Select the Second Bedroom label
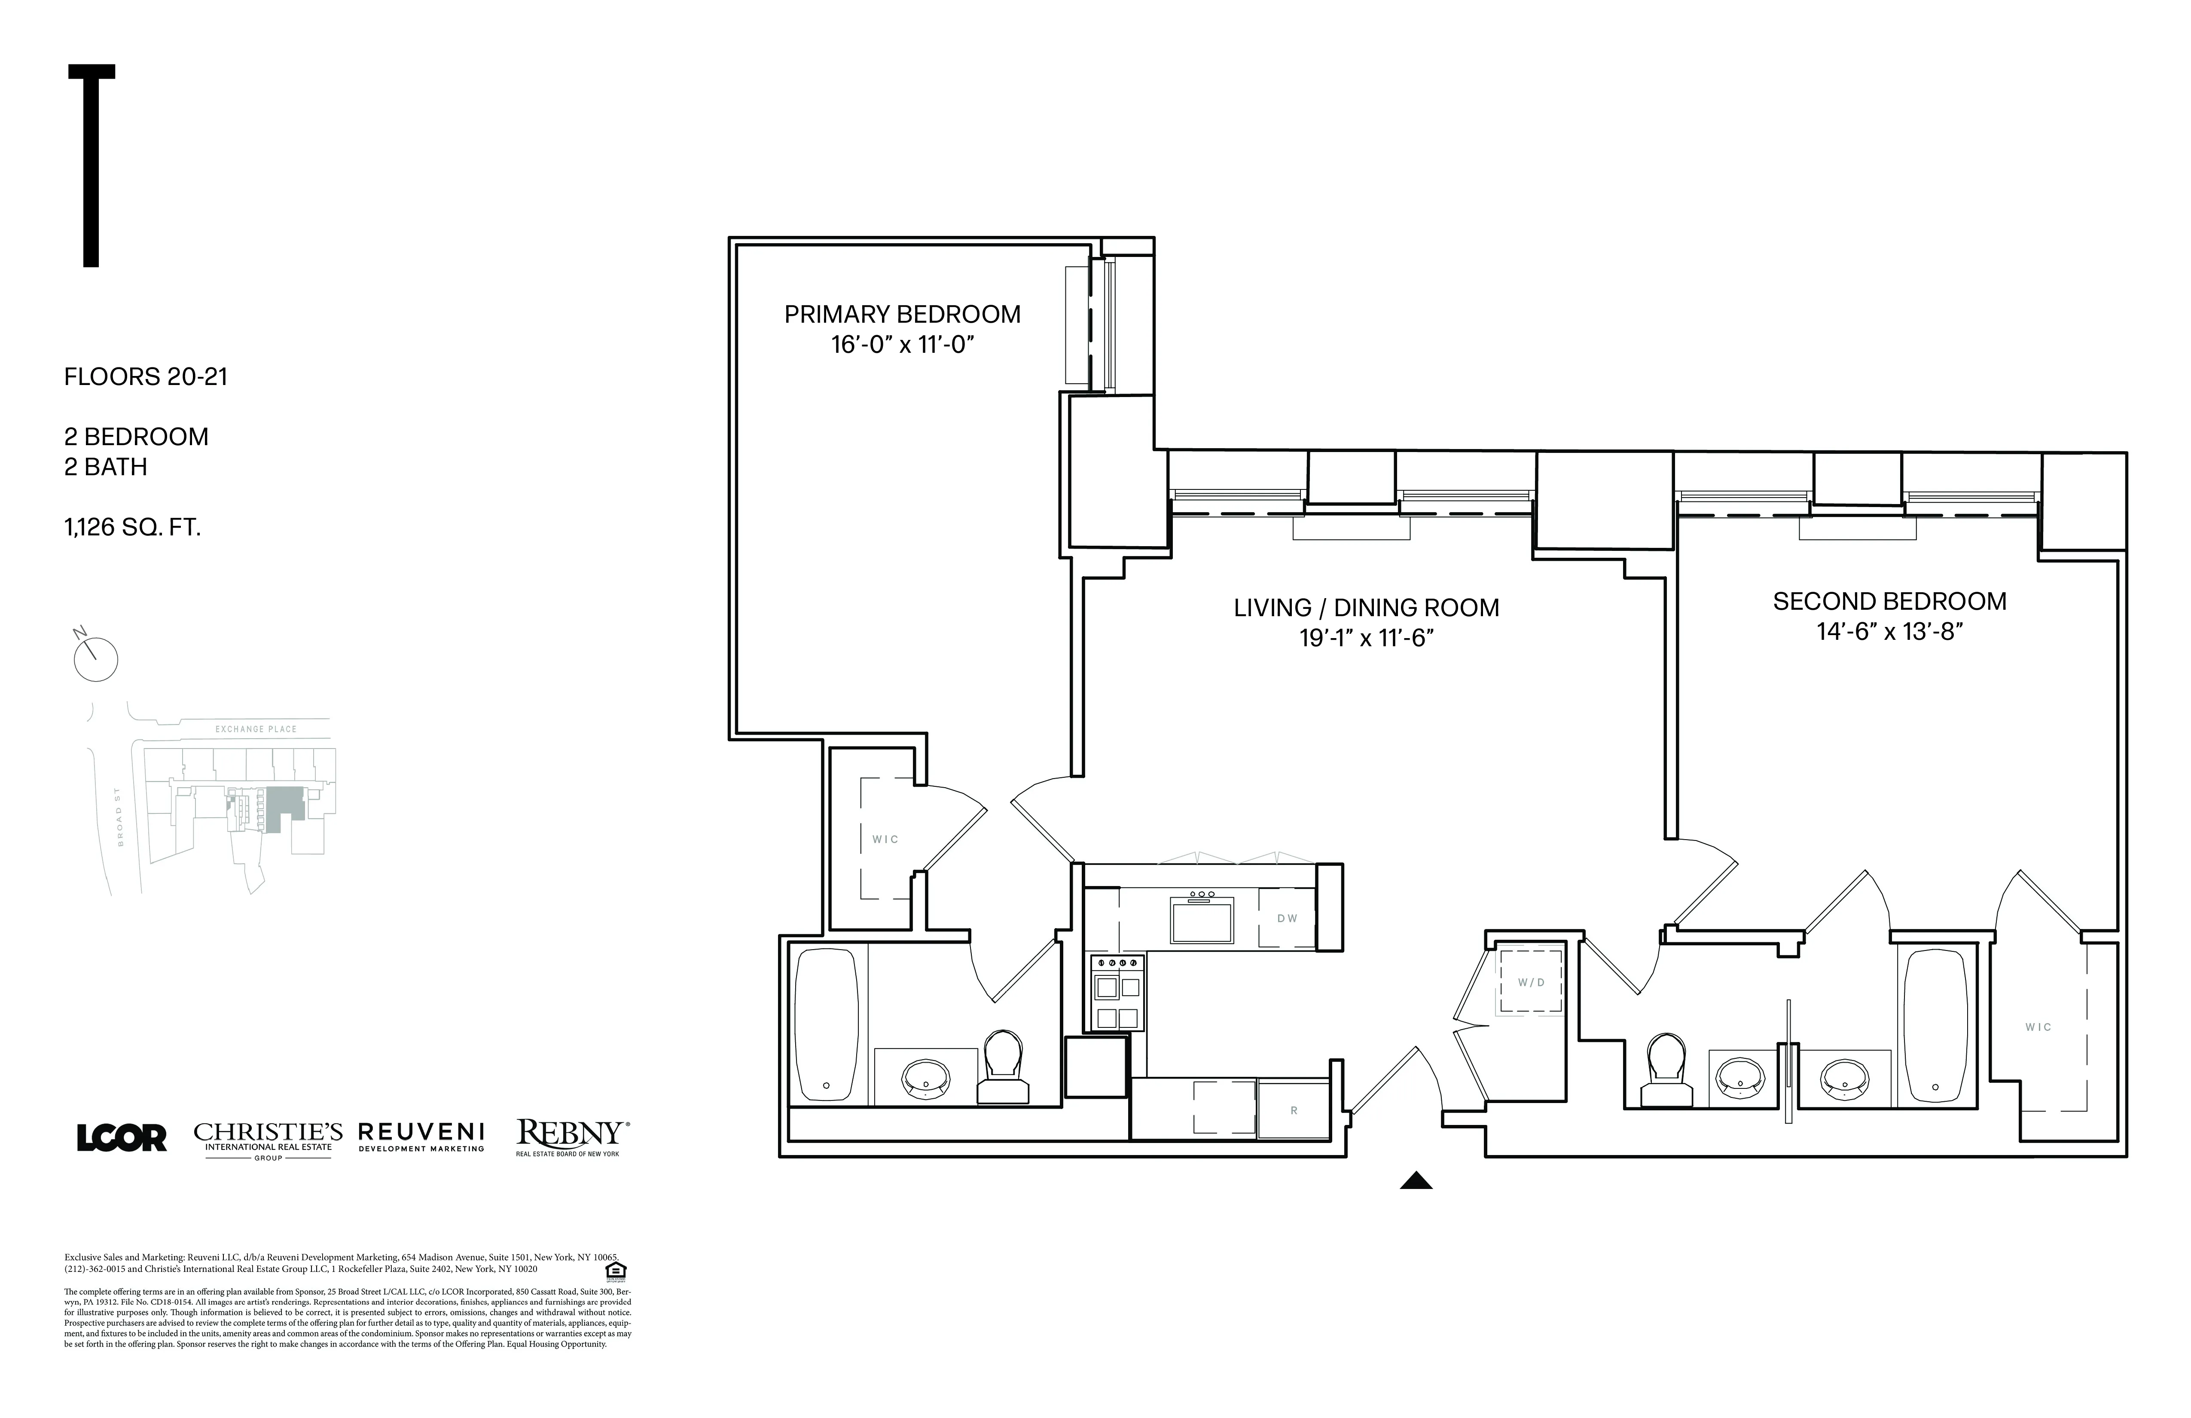tap(1889, 601)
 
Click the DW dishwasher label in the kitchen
tap(1287, 918)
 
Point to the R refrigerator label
tap(1294, 1110)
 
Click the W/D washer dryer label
tap(1531, 982)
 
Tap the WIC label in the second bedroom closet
tap(2038, 1027)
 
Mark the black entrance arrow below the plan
tap(1416, 1180)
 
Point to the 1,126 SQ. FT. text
tap(131, 528)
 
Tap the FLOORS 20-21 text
tap(146, 376)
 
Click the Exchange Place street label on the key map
tap(256, 729)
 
